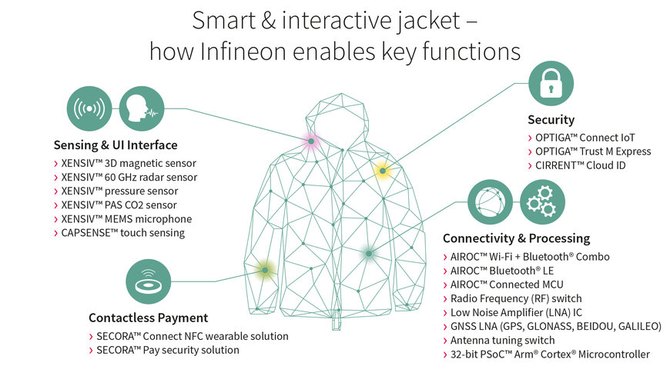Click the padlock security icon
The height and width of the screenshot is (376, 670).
click(x=551, y=85)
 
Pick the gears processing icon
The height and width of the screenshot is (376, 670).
click(x=543, y=201)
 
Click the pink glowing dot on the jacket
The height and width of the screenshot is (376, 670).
click(x=310, y=141)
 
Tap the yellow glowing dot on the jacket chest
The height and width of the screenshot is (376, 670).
click(x=381, y=171)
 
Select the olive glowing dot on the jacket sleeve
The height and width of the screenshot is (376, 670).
click(x=264, y=269)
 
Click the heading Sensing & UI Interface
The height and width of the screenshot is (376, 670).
click(x=116, y=145)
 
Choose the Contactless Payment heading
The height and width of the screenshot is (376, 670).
click(x=148, y=318)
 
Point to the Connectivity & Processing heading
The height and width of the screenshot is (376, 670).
click(x=516, y=238)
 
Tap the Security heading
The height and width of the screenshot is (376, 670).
click(x=551, y=120)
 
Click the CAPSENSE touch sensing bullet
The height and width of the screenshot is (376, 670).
click(x=123, y=233)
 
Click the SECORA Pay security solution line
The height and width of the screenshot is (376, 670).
click(x=167, y=350)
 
